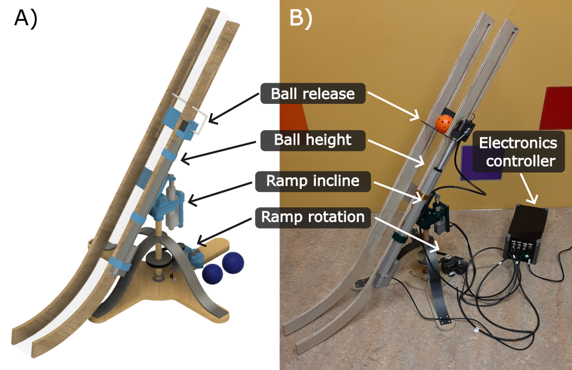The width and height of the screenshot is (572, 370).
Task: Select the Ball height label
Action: (313, 140)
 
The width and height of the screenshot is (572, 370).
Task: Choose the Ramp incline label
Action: (313, 181)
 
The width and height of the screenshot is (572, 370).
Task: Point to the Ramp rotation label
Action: (313, 217)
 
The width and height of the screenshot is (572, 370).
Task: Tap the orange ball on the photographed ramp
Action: (443, 124)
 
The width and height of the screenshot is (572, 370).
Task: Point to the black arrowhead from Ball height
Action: (182, 159)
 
